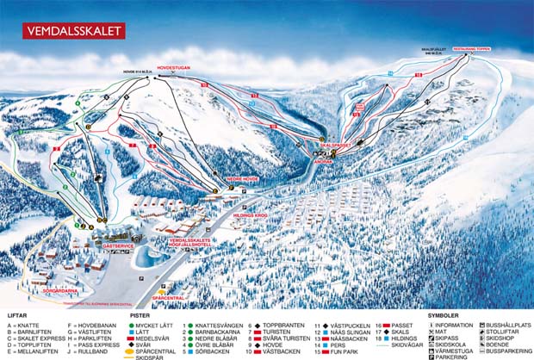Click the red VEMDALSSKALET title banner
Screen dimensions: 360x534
pyautogui.click(x=74, y=30)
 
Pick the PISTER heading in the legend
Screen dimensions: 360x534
pyautogui.click(x=140, y=315)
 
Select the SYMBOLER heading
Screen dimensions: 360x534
pyautogui.click(x=443, y=315)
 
